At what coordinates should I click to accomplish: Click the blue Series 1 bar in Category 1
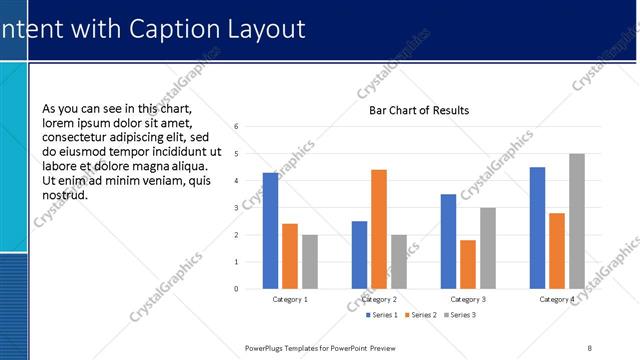270,231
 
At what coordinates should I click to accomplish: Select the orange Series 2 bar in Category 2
379,229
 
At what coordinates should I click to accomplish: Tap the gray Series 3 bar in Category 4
577,221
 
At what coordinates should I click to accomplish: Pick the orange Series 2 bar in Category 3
468,264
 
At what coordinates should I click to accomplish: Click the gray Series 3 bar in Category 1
310,262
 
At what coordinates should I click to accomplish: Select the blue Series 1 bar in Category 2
359,255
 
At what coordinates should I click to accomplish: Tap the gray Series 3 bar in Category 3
488,248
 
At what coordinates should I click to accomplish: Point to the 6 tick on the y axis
236,127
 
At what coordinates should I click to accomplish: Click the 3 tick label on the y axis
236,208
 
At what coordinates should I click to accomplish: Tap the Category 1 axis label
290,299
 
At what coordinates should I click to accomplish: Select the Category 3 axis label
468,299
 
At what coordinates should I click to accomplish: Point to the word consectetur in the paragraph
80,137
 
